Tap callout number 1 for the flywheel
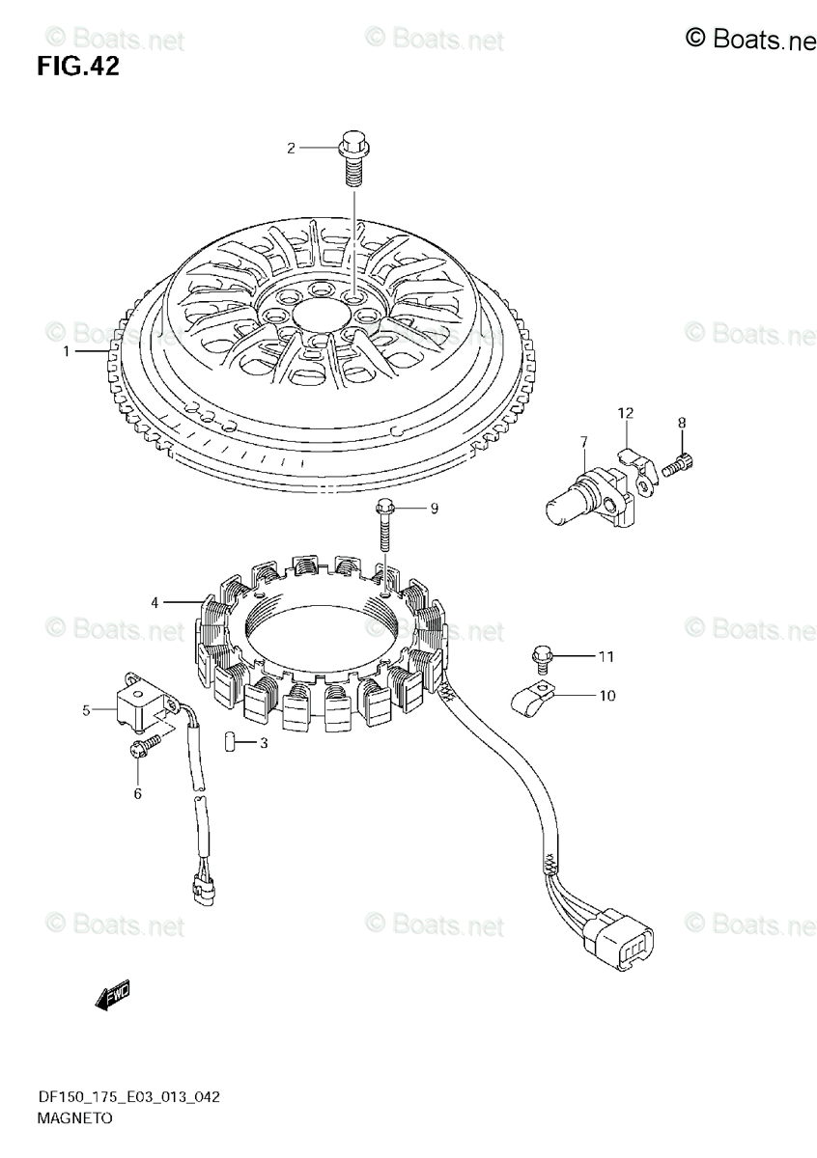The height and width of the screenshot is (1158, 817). click(x=67, y=352)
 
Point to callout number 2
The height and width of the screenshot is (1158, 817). click(x=290, y=148)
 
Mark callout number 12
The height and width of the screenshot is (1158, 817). click(x=626, y=414)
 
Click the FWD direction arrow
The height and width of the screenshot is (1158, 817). click(x=112, y=995)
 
